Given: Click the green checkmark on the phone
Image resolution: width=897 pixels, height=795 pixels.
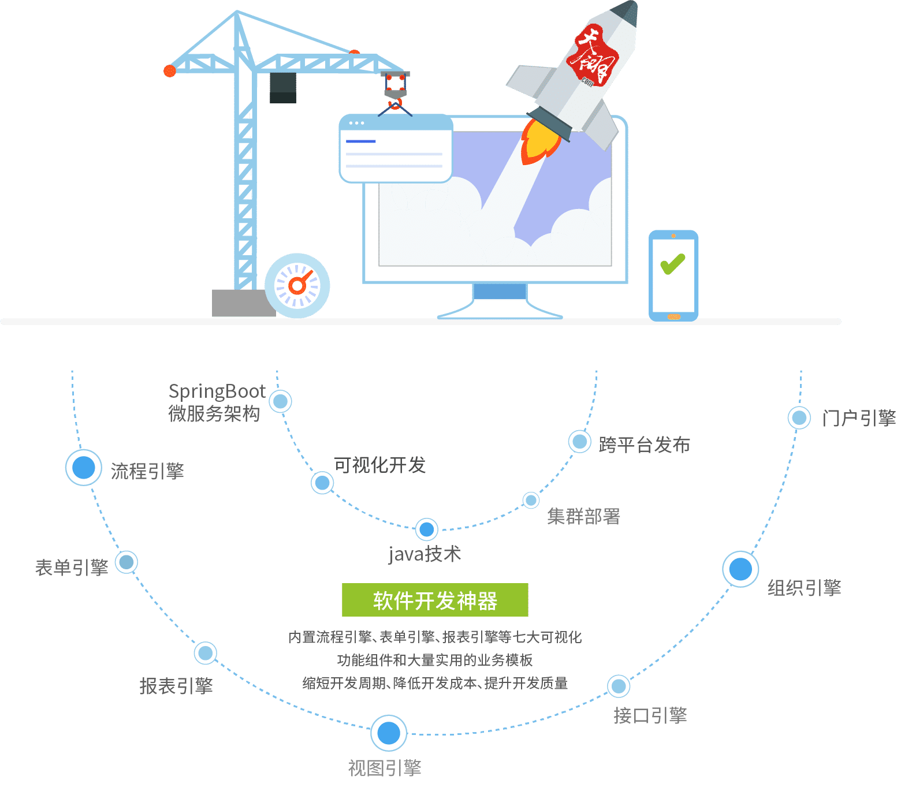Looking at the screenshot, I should (672, 264).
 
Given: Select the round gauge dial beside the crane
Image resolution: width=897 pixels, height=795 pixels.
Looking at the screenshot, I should (297, 285).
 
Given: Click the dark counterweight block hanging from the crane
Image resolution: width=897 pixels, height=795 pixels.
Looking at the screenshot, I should (283, 88).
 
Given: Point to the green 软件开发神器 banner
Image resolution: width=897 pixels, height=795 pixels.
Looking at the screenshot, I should (435, 600).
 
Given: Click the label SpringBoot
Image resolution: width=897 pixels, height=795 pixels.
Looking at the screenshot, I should (217, 391).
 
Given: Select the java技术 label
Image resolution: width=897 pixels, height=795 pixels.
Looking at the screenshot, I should (425, 554).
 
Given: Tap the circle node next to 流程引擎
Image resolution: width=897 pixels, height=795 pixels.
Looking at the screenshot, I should (84, 467).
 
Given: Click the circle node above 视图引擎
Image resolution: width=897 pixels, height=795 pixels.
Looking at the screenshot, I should (389, 733).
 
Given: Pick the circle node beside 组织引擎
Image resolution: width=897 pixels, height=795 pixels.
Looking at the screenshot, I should (740, 569).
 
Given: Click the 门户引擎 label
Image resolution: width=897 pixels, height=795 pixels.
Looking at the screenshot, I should (859, 418).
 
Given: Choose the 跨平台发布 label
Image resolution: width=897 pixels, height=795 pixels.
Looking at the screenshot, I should (644, 445).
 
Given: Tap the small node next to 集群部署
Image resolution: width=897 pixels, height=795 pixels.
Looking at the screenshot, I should (531, 500).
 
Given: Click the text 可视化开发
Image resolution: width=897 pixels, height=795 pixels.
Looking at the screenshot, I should (379, 465).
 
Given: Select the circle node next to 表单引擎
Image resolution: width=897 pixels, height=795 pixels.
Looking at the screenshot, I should (126, 562).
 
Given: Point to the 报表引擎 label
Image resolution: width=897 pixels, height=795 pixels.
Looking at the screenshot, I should (176, 686).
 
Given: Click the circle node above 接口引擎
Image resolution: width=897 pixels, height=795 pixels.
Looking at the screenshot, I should (619, 686).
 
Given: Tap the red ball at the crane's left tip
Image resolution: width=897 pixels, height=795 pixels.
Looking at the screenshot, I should (169, 70).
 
